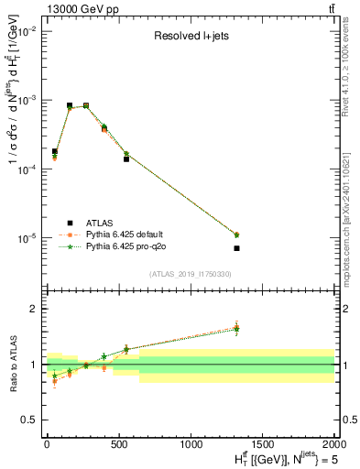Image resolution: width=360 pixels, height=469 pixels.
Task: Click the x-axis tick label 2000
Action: coord(334,444)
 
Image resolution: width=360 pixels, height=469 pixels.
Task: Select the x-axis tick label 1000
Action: coord(191,444)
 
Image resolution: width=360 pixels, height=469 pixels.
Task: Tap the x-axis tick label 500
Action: coord(118,444)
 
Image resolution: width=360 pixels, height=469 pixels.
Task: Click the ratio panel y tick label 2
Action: coord(33,309)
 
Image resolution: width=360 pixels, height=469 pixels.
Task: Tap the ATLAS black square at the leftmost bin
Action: coord(55,151)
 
